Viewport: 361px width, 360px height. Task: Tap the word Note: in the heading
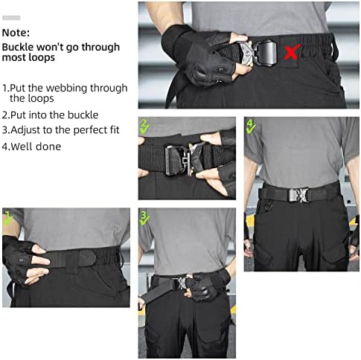(16, 33)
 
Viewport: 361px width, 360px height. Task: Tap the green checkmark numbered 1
(8, 217)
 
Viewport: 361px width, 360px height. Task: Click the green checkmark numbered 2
(145, 126)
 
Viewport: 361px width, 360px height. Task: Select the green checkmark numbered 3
(145, 217)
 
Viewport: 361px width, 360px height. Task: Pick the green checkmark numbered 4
(251, 126)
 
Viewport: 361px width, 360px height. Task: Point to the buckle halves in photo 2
(185, 158)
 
